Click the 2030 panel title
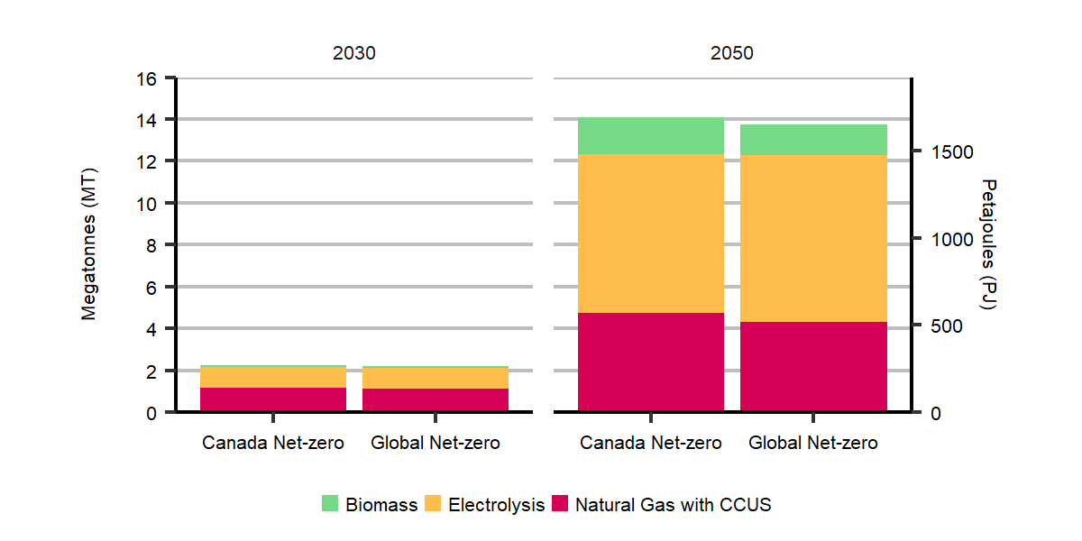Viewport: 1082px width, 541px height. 353,53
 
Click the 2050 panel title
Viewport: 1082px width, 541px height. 731,53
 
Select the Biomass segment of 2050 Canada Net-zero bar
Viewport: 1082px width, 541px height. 650,135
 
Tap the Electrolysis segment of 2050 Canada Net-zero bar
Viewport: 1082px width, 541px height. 650,234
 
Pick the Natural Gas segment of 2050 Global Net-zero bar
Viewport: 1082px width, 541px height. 813,366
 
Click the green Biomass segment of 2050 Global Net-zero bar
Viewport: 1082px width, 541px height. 813,139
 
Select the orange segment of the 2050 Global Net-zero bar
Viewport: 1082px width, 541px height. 813,238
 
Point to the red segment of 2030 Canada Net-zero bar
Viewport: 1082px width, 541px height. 272,399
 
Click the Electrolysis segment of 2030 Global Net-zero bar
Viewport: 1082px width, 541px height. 435,378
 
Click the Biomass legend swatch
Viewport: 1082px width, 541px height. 330,504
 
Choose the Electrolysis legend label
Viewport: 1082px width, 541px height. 496,505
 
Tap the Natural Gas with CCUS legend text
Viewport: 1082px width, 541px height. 673,505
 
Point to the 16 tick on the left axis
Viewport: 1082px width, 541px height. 147,78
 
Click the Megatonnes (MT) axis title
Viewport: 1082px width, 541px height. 88,245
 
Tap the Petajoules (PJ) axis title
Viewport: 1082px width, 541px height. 988,245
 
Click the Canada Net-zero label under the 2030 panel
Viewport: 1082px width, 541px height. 272,443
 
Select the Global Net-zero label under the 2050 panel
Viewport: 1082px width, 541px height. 813,443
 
